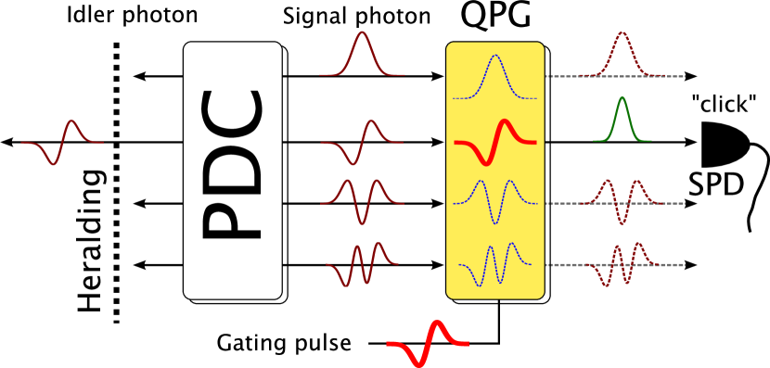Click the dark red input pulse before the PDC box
pyautogui.click(x=62, y=143)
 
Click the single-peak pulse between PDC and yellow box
pyautogui.click(x=362, y=56)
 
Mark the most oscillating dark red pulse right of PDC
pyautogui.click(x=362, y=264)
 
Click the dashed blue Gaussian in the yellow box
pyautogui.click(x=495, y=77)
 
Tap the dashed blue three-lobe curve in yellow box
pyautogui.click(x=495, y=201)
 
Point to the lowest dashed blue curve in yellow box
pyautogui.click(x=495, y=265)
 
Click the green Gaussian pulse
pyautogui.click(x=622, y=121)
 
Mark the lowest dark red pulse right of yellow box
pyautogui.click(x=622, y=264)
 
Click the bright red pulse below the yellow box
pyautogui.click(x=428, y=343)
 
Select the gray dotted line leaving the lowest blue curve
pyautogui.click(x=566, y=265)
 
